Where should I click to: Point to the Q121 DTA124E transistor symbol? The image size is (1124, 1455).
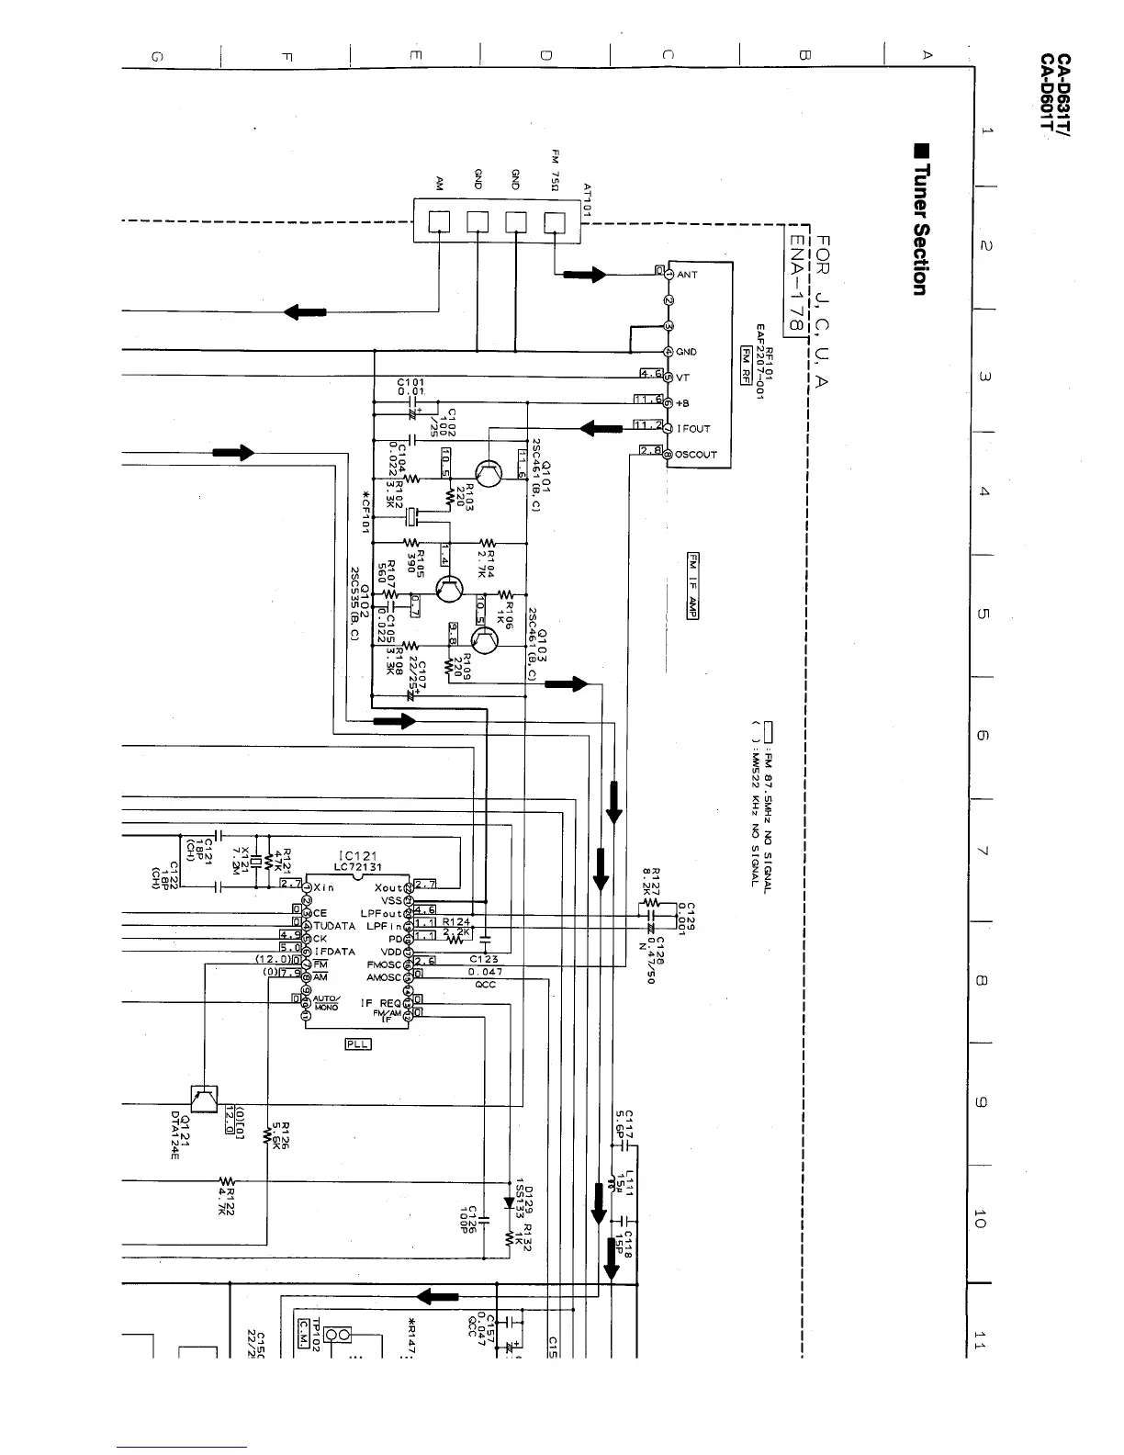click(x=204, y=1099)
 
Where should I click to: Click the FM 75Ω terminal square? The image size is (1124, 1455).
click(x=555, y=222)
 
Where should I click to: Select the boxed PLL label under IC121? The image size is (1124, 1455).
click(x=357, y=1043)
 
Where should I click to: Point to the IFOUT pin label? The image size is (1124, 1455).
click(x=693, y=429)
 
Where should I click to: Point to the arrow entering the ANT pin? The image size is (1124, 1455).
click(x=587, y=274)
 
